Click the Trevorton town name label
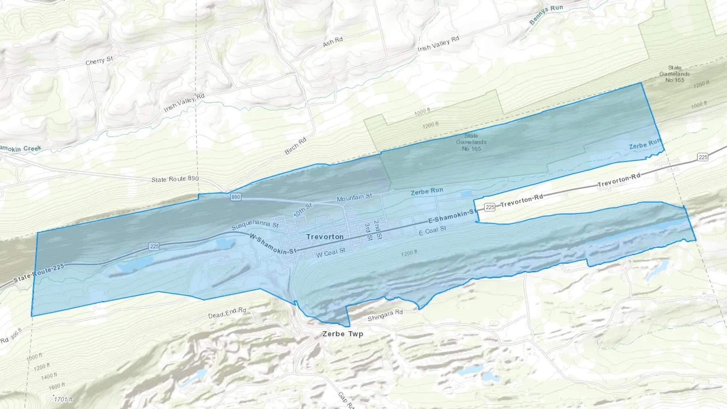click(325, 237)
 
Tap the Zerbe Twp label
click(342, 334)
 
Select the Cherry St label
click(99, 61)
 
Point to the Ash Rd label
click(333, 41)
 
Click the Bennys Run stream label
click(546, 15)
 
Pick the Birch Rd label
click(296, 146)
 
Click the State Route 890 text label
click(175, 179)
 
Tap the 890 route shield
click(236, 197)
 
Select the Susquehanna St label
click(255, 224)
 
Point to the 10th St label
click(303, 210)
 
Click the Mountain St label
click(354, 197)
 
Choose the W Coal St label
click(330, 253)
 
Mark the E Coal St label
click(432, 231)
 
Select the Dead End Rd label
click(227, 313)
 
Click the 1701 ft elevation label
click(64, 400)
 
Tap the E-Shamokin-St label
click(451, 216)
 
